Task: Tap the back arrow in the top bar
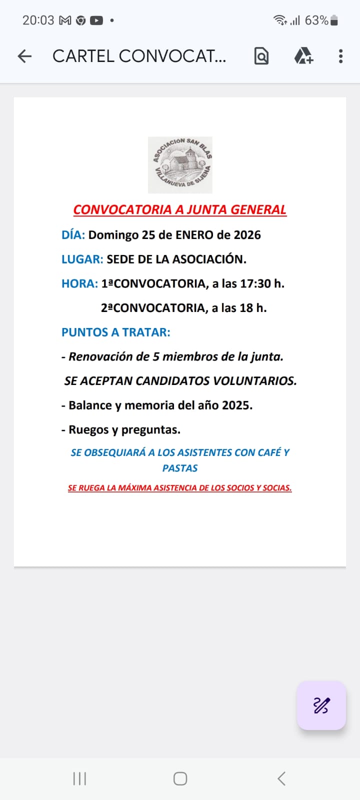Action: click(24, 56)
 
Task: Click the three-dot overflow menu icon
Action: click(340, 56)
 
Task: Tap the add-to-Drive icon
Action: click(303, 56)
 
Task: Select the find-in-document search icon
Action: click(261, 56)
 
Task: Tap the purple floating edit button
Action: click(321, 705)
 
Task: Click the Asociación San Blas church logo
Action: click(180, 164)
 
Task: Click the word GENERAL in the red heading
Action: click(258, 209)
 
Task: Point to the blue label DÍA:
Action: click(73, 235)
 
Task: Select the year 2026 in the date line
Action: click(247, 235)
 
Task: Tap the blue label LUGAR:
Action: click(82, 259)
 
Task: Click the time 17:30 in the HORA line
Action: click(255, 283)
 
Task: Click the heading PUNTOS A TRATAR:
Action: click(115, 332)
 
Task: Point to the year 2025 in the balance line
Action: click(237, 405)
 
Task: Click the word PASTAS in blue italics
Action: click(180, 468)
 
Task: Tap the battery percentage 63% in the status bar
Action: click(316, 20)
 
